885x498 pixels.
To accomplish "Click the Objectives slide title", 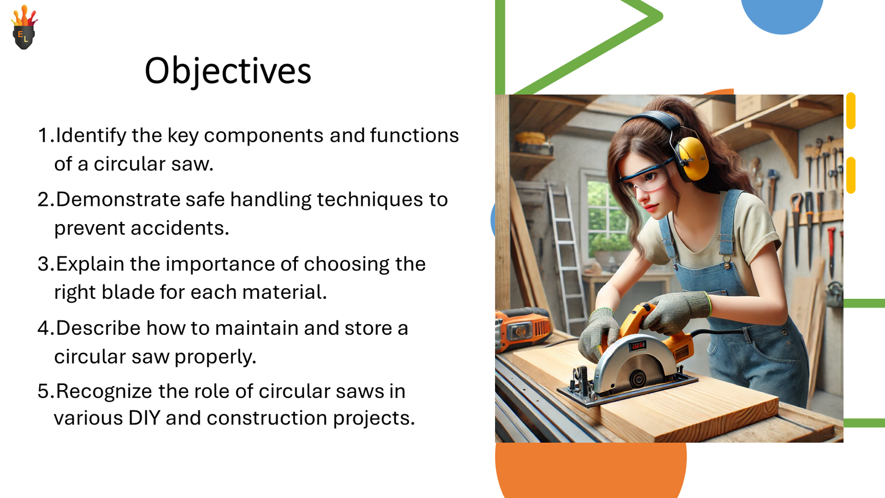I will point(228,71).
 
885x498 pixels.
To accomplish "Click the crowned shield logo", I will point(24,29).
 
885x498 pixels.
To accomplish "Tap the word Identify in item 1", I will point(91,136).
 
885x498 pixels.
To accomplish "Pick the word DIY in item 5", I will point(144,418).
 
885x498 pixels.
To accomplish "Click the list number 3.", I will point(44,264).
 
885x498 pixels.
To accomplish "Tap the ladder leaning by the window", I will point(565,249).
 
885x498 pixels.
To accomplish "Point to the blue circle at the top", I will point(782,14).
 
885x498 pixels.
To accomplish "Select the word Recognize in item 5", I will point(104,392).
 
